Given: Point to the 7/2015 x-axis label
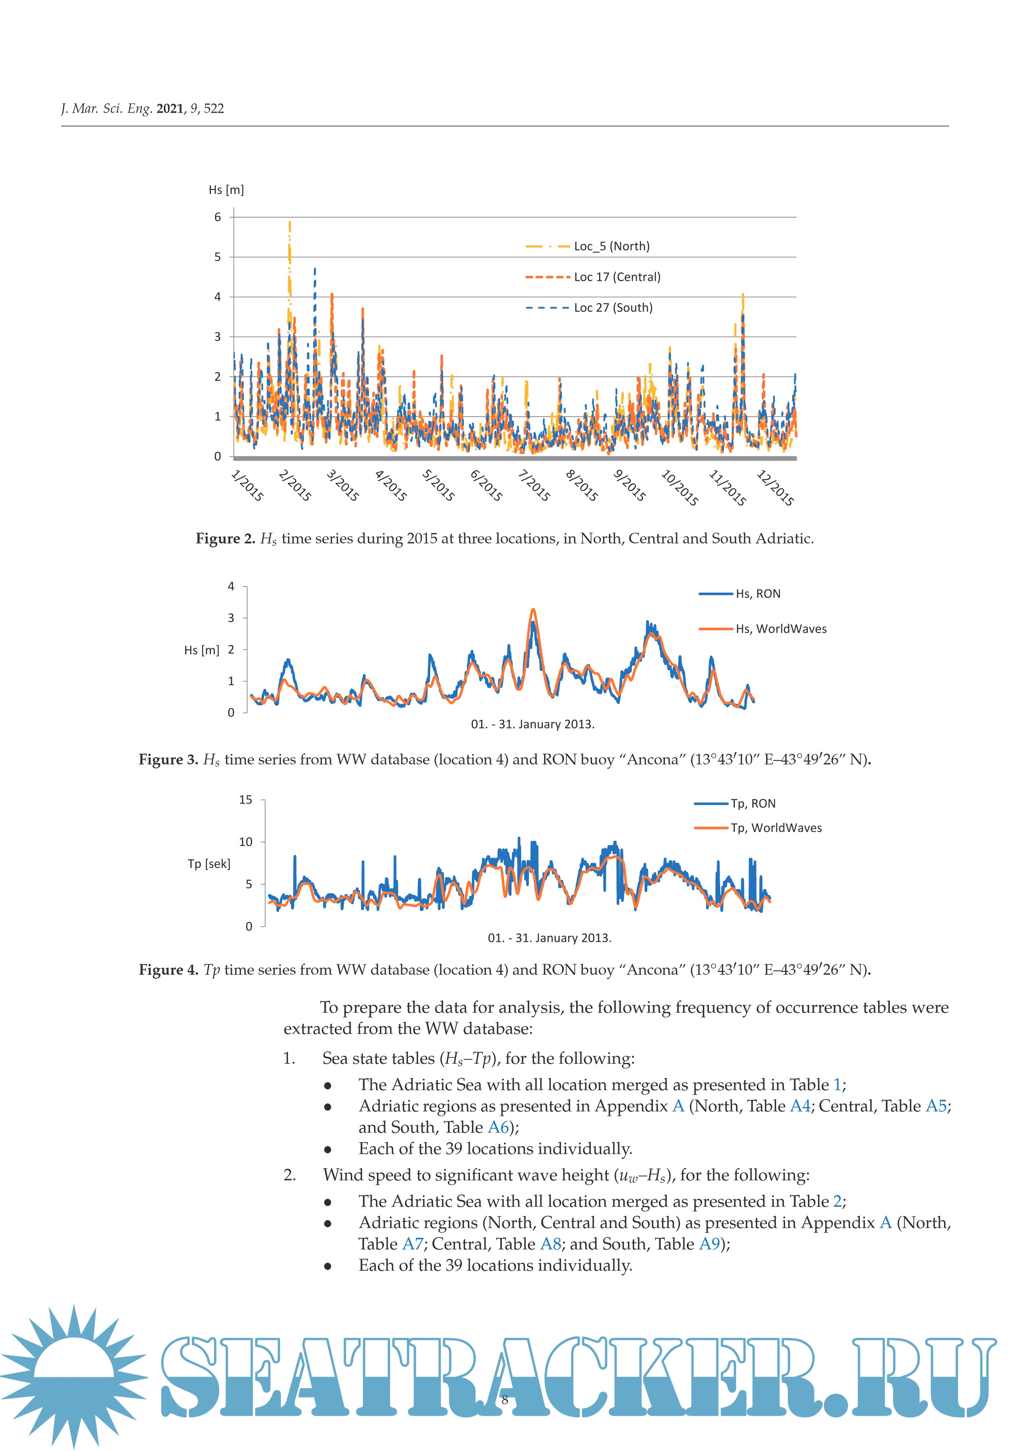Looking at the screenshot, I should point(534,486).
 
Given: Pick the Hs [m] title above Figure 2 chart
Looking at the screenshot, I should point(226,190).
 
